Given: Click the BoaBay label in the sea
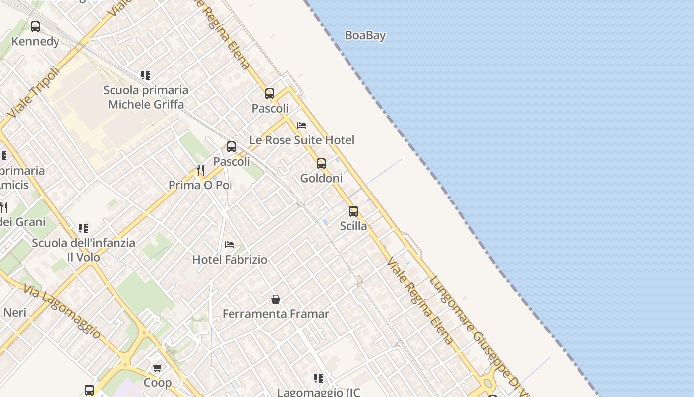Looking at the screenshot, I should (365, 35).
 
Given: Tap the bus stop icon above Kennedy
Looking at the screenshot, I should (35, 27).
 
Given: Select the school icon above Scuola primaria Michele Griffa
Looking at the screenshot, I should (145, 75).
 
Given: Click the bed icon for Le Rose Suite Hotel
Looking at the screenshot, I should (302, 126).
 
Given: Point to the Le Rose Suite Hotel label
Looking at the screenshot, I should (301, 140).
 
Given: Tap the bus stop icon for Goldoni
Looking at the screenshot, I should (321, 164).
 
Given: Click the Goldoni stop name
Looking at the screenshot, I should (321, 178).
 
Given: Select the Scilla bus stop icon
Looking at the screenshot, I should (353, 211).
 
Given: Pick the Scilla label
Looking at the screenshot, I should (353, 226).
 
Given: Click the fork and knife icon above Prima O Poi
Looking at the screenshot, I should (200, 170).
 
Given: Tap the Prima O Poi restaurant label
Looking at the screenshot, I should (200, 185).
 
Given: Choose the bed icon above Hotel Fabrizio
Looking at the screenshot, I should (230, 245).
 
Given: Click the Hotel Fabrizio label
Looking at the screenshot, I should (230, 259).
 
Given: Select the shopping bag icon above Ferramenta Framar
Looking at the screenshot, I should (276, 299).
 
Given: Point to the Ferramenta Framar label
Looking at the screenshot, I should (276, 314).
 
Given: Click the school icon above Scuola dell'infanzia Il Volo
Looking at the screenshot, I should (83, 228).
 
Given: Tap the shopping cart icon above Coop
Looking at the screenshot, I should (158, 368).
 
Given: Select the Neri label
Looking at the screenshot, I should (15, 312).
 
